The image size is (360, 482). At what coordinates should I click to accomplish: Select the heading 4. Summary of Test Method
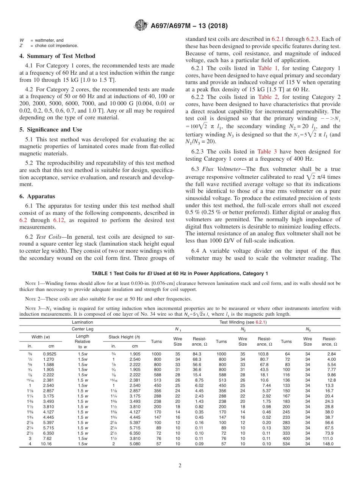57,56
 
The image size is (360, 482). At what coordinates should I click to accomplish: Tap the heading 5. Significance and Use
50,130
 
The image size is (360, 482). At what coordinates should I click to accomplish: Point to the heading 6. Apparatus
37,196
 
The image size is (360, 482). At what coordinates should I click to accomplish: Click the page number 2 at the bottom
180,466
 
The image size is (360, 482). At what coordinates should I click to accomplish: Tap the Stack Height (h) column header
124,336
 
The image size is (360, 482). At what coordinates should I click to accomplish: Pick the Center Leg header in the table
82,329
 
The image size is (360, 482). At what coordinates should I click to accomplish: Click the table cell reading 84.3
197,354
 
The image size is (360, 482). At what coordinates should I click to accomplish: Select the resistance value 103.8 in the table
262,354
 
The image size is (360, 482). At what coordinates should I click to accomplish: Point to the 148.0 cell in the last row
328,444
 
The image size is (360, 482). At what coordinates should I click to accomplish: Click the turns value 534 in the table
286,444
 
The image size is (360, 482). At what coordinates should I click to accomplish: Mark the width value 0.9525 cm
50,354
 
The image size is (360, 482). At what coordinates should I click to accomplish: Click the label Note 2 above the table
28,299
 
